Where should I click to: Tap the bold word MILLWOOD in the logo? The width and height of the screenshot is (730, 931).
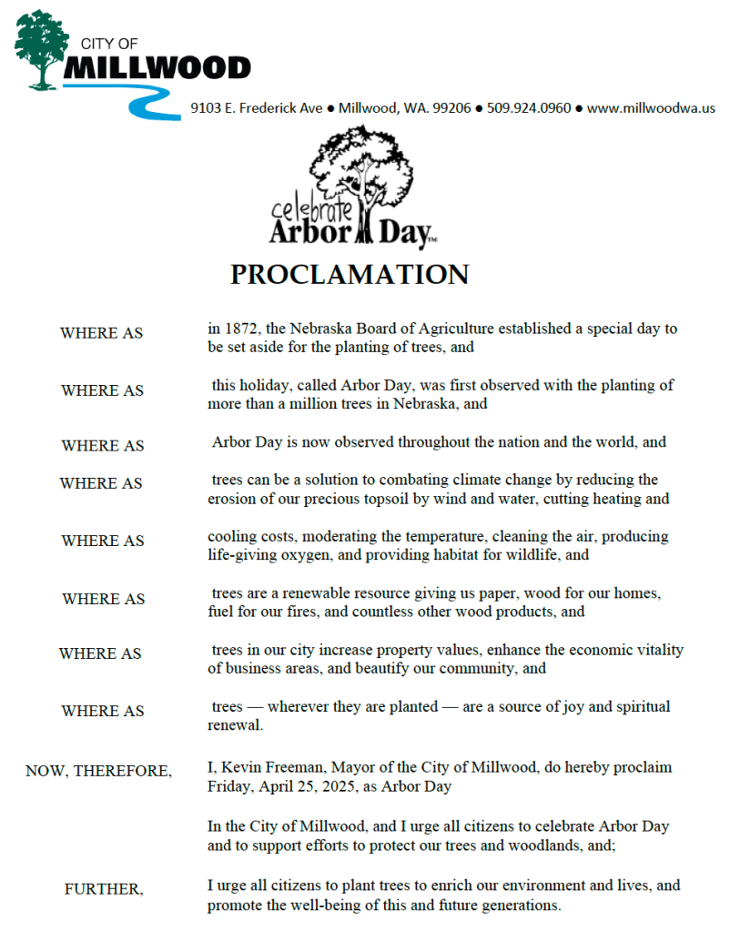coord(157,67)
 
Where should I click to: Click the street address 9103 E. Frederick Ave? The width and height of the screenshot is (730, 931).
coord(257,108)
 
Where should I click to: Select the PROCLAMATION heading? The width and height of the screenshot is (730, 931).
coord(350,274)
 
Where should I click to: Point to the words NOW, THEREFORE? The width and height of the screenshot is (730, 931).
coord(98,771)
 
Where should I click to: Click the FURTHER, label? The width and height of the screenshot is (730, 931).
coord(104,889)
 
